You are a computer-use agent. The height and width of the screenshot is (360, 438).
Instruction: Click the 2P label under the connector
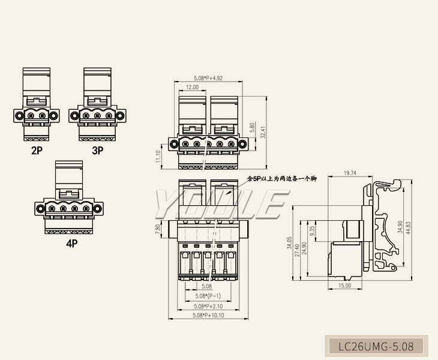[x=37, y=151]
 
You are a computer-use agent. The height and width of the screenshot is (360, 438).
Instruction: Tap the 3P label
[x=97, y=151]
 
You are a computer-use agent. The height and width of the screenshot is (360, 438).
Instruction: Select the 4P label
[x=72, y=244]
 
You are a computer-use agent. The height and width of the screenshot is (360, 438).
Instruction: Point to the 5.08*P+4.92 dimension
[x=208, y=78]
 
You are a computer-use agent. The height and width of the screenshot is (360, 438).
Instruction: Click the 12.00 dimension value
[x=192, y=87]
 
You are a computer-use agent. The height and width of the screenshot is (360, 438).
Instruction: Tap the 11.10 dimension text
[x=158, y=156]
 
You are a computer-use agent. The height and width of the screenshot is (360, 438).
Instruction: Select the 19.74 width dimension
[x=350, y=173]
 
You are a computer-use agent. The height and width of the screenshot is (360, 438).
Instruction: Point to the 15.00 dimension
[x=344, y=286]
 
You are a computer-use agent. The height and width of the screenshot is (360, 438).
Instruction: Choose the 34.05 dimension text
[x=290, y=243]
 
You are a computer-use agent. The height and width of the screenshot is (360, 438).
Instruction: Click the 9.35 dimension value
[x=312, y=232]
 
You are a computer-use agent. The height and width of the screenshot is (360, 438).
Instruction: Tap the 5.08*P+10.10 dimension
[x=208, y=316]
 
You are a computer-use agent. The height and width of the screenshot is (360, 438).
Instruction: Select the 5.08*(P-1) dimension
[x=208, y=296]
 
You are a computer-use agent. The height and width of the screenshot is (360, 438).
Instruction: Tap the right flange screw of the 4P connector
[x=100, y=208]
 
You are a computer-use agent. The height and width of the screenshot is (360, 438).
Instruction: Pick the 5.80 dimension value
[x=253, y=128]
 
